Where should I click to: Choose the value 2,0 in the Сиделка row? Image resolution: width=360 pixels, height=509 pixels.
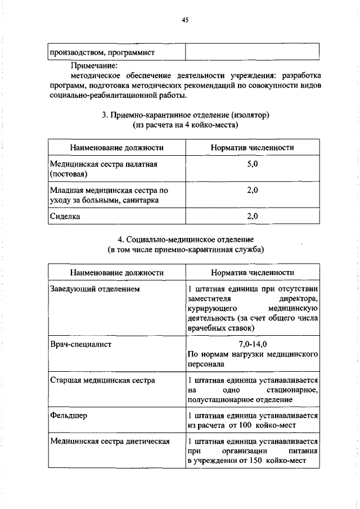click(x=252, y=216)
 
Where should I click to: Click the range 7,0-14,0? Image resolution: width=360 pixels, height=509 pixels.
click(x=252, y=344)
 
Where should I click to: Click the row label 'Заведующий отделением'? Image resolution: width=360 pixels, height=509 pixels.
click(x=94, y=289)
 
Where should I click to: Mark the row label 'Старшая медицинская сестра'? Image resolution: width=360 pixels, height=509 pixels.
click(x=102, y=380)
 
